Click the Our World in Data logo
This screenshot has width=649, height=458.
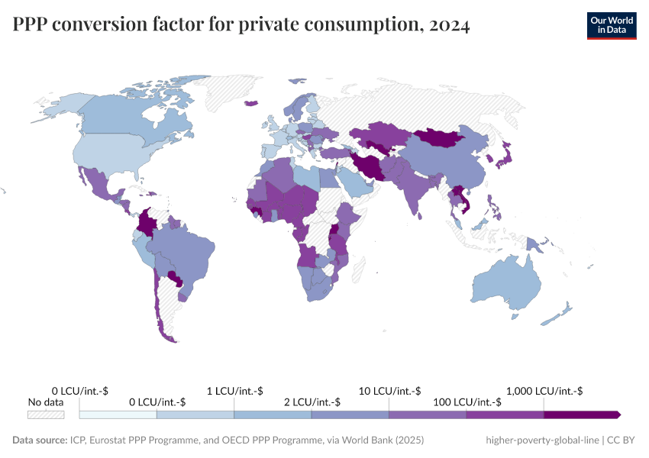[611, 24]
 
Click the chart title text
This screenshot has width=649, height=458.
[241, 25]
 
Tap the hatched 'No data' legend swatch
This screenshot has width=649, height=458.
[46, 414]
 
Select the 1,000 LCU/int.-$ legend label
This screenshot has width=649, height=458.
[544, 391]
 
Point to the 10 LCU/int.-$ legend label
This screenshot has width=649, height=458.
[389, 391]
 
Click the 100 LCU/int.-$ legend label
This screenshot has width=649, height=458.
[467, 402]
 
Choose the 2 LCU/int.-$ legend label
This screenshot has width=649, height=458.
[312, 402]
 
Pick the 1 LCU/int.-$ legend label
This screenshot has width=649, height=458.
[234, 391]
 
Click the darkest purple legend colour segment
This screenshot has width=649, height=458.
[580, 414]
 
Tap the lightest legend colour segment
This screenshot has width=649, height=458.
[118, 414]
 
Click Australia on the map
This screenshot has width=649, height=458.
[508, 286]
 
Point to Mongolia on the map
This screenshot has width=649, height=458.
[439, 137]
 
